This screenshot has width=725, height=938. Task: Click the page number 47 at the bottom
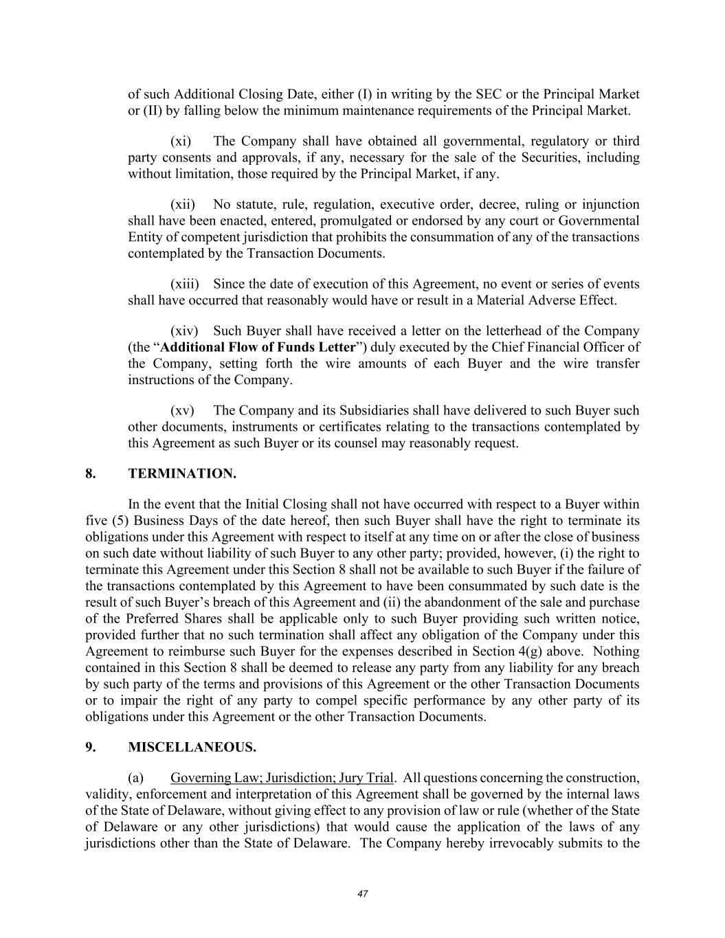tap(363, 894)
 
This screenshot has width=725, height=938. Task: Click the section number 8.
tap(91, 473)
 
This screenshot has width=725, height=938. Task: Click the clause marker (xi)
tap(181, 142)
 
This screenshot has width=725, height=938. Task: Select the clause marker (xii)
tap(183, 205)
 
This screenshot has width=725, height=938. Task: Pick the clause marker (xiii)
tap(185, 284)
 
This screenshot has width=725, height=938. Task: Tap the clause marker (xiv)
tap(184, 331)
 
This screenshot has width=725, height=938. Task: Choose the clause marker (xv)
tap(182, 411)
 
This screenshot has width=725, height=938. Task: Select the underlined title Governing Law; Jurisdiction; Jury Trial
tap(282, 778)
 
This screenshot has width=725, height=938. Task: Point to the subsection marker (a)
tap(136, 778)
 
